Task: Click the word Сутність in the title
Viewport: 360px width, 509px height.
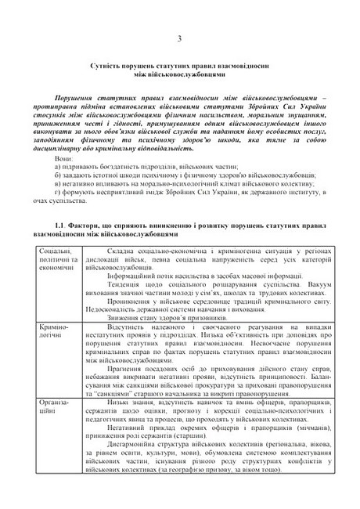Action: (x=113, y=70)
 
